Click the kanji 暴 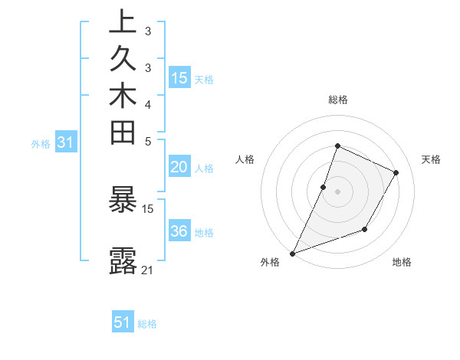(x=123, y=201)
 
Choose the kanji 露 (x=123, y=260)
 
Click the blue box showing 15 (x=179, y=77)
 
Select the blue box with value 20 (x=179, y=168)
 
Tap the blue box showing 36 (x=179, y=231)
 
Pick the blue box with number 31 (x=66, y=142)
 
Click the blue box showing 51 (x=123, y=322)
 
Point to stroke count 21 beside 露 (x=148, y=270)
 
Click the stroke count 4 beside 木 (x=148, y=104)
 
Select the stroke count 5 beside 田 (x=148, y=141)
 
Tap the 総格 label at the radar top (x=337, y=100)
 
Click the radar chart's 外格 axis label (x=270, y=263)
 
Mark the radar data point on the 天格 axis (x=396, y=173)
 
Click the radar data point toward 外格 (x=293, y=253)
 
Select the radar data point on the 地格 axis (x=365, y=229)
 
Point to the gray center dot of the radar (x=337, y=191)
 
